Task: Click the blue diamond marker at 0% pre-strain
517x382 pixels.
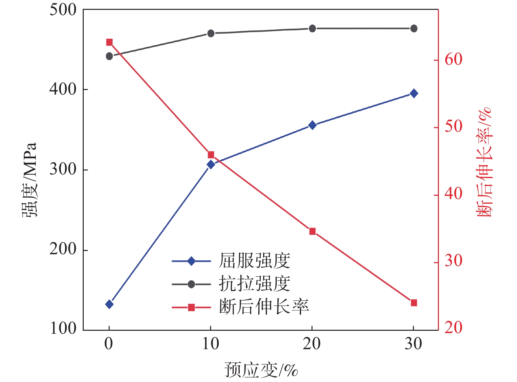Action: (x=109, y=304)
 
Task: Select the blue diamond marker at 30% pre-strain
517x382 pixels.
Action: (x=414, y=94)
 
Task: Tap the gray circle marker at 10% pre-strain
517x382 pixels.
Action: (x=211, y=33)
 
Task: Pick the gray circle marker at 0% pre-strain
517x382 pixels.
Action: (x=109, y=56)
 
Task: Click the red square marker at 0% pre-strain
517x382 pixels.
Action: (x=109, y=42)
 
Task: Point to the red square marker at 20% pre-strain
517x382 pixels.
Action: (x=312, y=232)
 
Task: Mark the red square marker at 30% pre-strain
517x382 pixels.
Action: (x=414, y=303)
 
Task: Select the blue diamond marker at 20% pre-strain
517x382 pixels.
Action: (x=312, y=125)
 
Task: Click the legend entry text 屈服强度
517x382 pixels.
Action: (x=254, y=261)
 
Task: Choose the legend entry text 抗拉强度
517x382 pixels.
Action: (x=254, y=284)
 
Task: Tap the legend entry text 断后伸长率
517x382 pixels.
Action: (x=264, y=307)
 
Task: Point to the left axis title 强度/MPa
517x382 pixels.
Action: (x=30, y=180)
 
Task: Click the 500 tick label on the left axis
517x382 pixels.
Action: (x=63, y=10)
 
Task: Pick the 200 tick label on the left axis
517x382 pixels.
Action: (x=63, y=249)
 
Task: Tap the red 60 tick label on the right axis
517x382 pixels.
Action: (x=453, y=60)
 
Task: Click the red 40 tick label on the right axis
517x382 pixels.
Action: (x=453, y=194)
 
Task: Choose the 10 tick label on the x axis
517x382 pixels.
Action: (x=210, y=344)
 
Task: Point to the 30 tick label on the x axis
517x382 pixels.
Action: (x=413, y=344)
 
